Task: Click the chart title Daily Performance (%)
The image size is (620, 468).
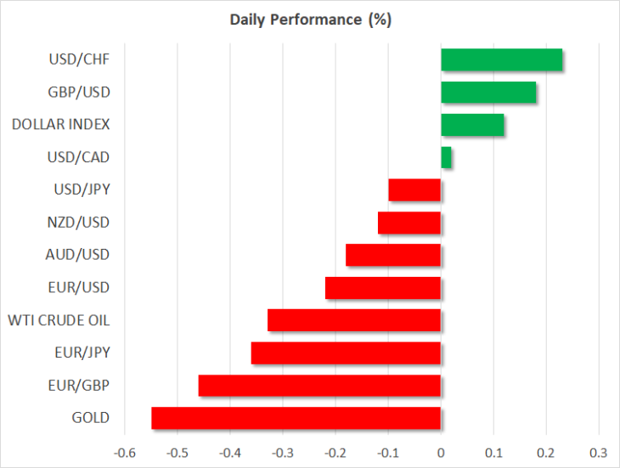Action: [310, 20]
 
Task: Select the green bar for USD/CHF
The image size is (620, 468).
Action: [501, 59]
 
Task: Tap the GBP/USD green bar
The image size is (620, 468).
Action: [488, 92]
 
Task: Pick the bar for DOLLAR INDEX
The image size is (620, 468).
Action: [472, 125]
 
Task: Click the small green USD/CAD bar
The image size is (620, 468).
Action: [446, 157]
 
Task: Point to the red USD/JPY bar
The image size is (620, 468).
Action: [414, 189]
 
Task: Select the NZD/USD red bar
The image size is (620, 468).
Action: [409, 223]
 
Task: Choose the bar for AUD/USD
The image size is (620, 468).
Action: [393, 255]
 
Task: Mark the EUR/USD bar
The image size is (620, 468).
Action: [383, 288]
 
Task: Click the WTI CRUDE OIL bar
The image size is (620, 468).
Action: [354, 320]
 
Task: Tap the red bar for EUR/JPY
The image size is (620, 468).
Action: [346, 353]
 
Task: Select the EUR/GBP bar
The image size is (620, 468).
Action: [319, 386]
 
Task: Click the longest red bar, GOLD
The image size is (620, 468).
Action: [296, 418]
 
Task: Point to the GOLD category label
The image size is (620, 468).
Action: [90, 418]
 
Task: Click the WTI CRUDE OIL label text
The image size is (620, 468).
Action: [59, 320]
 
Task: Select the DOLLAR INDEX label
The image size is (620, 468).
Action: [60, 125]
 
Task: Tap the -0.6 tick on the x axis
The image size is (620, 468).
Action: [124, 453]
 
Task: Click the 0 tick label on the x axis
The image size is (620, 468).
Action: [441, 453]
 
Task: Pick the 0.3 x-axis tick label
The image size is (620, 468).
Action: [598, 453]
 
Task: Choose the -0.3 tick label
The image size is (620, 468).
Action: [282, 453]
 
